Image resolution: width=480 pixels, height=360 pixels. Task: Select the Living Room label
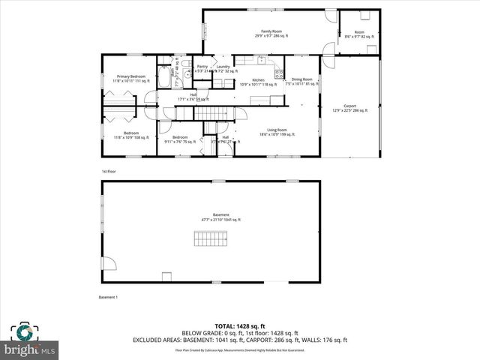point(277,132)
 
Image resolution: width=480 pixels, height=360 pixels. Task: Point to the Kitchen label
point(258,81)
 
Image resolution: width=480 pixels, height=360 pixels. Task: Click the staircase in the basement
point(211,240)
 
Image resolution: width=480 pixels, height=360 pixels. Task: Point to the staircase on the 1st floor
point(212,112)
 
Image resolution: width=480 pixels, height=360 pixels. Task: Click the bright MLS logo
point(31,341)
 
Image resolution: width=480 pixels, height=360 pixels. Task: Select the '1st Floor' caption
point(109,172)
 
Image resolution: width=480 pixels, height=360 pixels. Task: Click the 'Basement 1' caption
point(108,298)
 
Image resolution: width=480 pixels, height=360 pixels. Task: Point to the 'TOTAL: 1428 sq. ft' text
point(239,326)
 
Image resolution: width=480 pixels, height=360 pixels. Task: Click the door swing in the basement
point(109,262)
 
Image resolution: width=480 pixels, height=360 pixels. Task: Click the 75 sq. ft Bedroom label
point(180,139)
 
